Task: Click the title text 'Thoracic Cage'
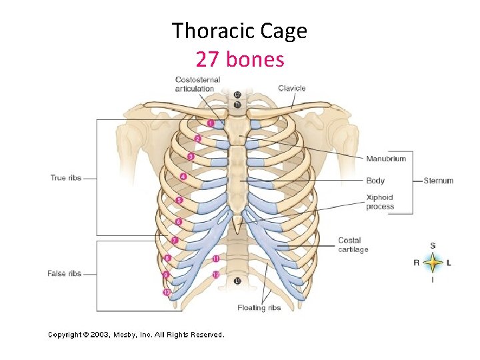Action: (239, 31)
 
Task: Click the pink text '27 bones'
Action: (239, 59)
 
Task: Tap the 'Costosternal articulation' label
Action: (197, 84)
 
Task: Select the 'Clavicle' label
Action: (291, 88)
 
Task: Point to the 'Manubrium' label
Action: (385, 159)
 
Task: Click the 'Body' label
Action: (375, 181)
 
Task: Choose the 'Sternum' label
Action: (438, 181)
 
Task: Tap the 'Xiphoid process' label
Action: (379, 202)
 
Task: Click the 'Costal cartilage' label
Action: (353, 245)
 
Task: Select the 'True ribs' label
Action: (67, 177)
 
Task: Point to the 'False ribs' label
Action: (65, 273)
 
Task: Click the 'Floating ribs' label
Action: (259, 308)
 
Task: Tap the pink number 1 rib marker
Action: (211, 123)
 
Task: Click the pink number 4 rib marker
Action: (183, 177)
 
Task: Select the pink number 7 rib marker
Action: (174, 240)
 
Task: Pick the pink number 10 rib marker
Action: (166, 292)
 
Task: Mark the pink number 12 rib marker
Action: (216, 275)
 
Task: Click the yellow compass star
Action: (433, 263)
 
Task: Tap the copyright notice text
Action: (136, 335)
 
